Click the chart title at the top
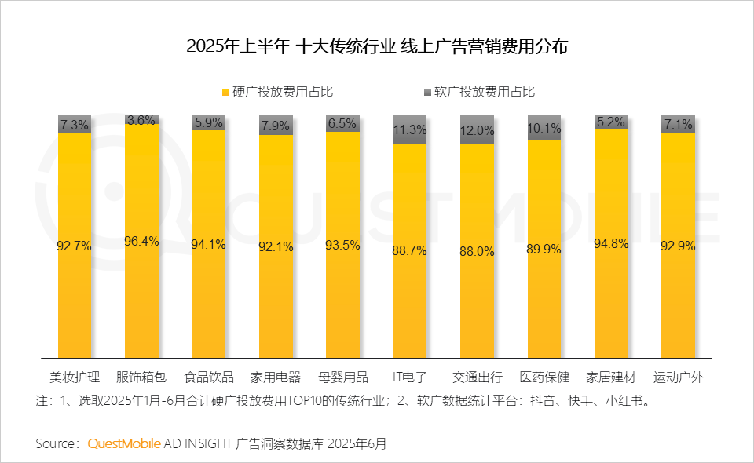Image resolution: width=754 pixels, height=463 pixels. [377, 46]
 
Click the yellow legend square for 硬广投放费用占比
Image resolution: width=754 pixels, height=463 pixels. [225, 92]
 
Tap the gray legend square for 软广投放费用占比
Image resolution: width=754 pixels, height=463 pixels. [427, 92]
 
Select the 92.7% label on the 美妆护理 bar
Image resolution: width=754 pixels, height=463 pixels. [75, 246]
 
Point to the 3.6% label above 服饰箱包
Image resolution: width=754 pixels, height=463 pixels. [141, 120]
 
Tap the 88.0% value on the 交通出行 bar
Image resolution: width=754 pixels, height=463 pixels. [478, 251]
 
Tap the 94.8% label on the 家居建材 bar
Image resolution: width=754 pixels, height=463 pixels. [612, 243]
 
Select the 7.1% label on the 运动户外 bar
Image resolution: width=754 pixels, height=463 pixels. [679, 124]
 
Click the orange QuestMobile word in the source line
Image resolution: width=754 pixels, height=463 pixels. [124, 443]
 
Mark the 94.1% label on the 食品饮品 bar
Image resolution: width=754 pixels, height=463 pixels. [208, 244]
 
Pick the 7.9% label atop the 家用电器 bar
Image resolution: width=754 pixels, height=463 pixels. [276, 125]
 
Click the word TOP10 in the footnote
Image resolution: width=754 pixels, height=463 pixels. [313, 401]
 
